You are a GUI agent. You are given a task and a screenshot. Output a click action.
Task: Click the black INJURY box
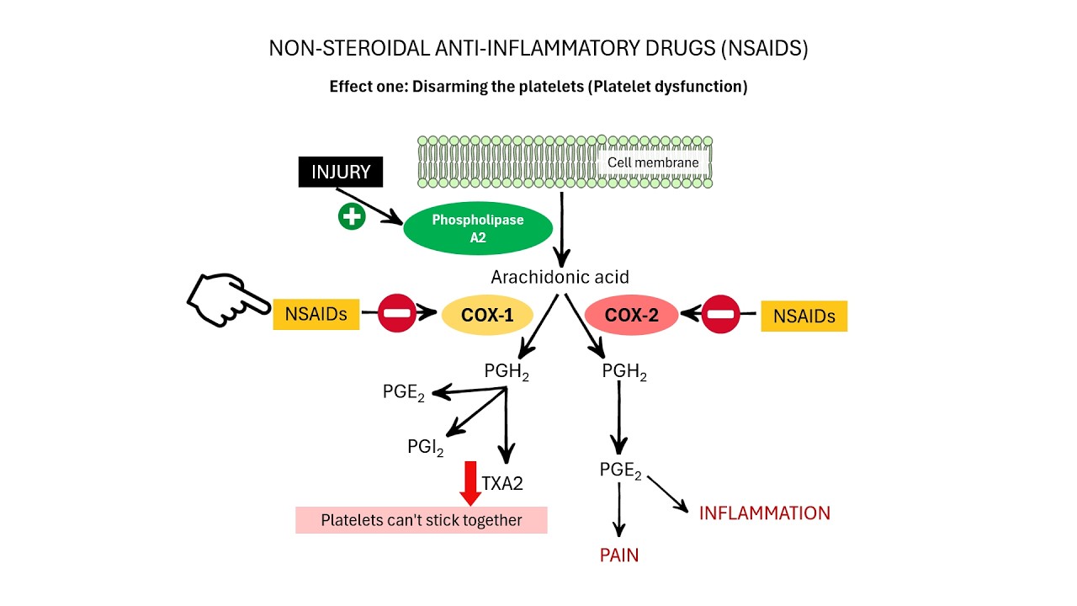[341, 172]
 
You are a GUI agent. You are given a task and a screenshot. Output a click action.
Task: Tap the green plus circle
[351, 217]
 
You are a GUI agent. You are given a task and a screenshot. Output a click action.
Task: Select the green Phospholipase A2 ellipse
[477, 229]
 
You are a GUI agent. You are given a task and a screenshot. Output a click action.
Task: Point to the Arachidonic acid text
[560, 277]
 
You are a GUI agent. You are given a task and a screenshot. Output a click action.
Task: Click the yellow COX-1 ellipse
[489, 316]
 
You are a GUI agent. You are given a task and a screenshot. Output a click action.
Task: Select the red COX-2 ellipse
[631, 316]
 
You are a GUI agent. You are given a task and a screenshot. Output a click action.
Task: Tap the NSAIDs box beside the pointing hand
[316, 314]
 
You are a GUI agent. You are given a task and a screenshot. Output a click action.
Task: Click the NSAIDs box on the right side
[804, 316]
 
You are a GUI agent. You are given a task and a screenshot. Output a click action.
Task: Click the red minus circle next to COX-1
[395, 314]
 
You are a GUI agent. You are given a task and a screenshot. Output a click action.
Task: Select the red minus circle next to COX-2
[720, 315]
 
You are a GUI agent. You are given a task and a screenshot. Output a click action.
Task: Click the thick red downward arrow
[470, 482]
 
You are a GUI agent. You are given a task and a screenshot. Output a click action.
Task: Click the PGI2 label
[425, 447]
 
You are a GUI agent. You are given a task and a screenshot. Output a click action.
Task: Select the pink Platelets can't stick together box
[421, 520]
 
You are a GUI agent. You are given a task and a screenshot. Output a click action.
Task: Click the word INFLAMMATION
[764, 513]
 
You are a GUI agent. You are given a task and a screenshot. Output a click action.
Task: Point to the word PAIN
[618, 555]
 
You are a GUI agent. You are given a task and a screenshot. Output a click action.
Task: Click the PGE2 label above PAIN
[620, 470]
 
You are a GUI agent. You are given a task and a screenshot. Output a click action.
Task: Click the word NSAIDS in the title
[764, 49]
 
